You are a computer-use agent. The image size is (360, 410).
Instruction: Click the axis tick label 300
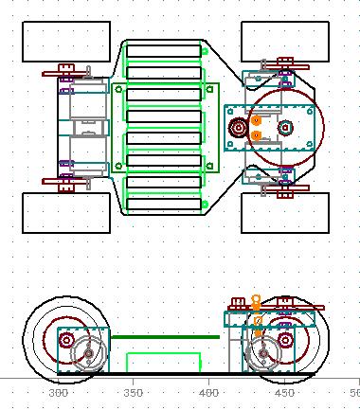59,393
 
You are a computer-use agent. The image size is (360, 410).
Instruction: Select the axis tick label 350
133,393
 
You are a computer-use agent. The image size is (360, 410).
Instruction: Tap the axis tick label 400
208,393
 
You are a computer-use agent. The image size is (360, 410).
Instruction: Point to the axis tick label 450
284,393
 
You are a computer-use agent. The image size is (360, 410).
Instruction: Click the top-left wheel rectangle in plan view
66,22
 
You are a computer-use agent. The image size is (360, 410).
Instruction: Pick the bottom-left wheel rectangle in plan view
66,193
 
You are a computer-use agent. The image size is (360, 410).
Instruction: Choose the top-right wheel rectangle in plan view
285,22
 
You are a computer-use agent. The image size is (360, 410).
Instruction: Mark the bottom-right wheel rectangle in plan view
285,193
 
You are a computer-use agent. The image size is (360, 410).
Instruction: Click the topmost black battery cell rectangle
164,45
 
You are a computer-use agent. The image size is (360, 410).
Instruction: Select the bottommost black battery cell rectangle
164,199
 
